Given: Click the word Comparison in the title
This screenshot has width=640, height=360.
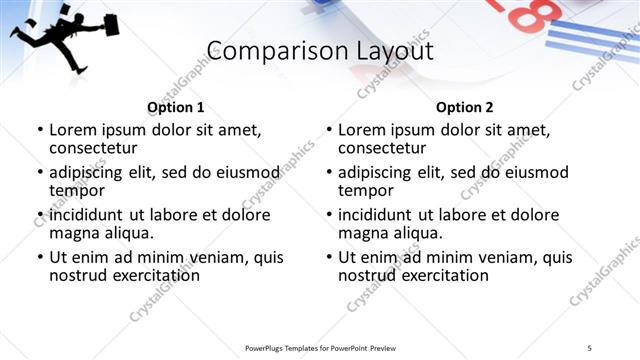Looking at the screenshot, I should (265, 51).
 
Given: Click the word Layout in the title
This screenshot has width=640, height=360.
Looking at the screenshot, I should (384, 51).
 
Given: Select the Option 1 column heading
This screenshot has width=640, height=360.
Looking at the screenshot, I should (175, 107).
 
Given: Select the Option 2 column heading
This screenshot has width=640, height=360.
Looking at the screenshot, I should (464, 107).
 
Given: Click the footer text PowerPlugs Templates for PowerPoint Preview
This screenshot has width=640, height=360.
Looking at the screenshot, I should (320, 348).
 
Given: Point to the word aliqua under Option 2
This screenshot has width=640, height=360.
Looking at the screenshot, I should (415, 233).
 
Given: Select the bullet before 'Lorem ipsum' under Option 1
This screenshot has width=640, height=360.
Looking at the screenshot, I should (39, 130).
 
